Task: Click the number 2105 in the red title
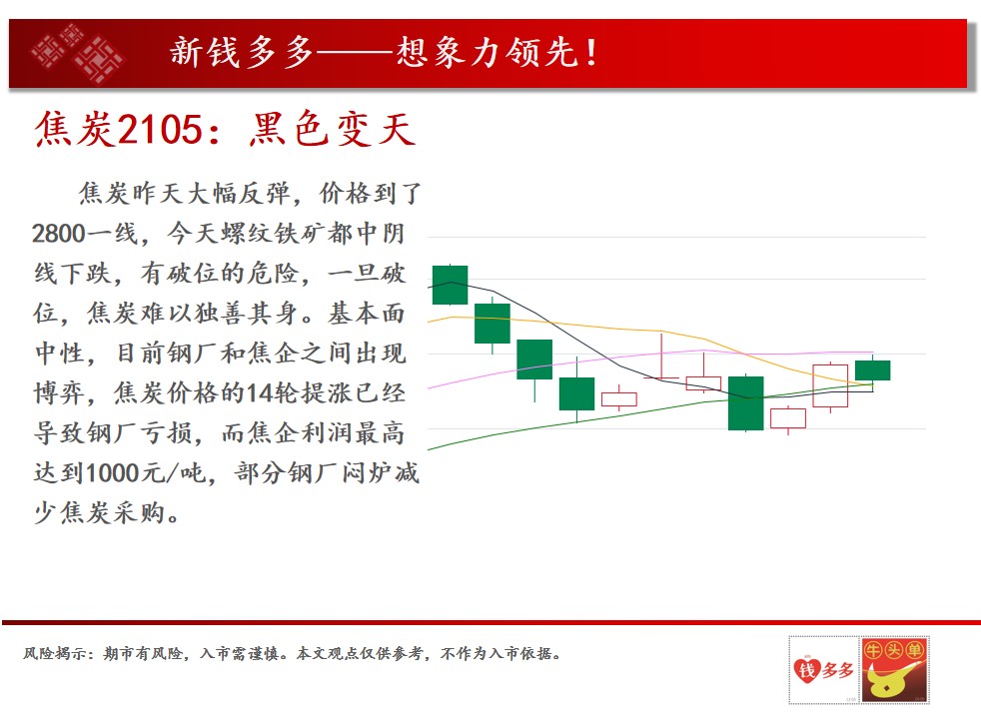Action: coord(160,130)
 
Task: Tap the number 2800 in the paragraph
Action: coord(58,234)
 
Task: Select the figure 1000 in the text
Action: coord(112,473)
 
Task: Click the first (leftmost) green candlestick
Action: coord(450,285)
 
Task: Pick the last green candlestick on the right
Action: coord(872,370)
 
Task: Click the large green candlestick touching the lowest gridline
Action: coord(746,403)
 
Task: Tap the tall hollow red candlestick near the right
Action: coord(830,385)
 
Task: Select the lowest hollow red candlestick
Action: coord(787,418)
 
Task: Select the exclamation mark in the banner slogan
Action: coord(591,53)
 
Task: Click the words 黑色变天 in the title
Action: coord(333,130)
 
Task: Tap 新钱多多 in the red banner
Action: coord(242,52)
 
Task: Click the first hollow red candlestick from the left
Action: coord(618,399)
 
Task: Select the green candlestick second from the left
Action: coord(492,324)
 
